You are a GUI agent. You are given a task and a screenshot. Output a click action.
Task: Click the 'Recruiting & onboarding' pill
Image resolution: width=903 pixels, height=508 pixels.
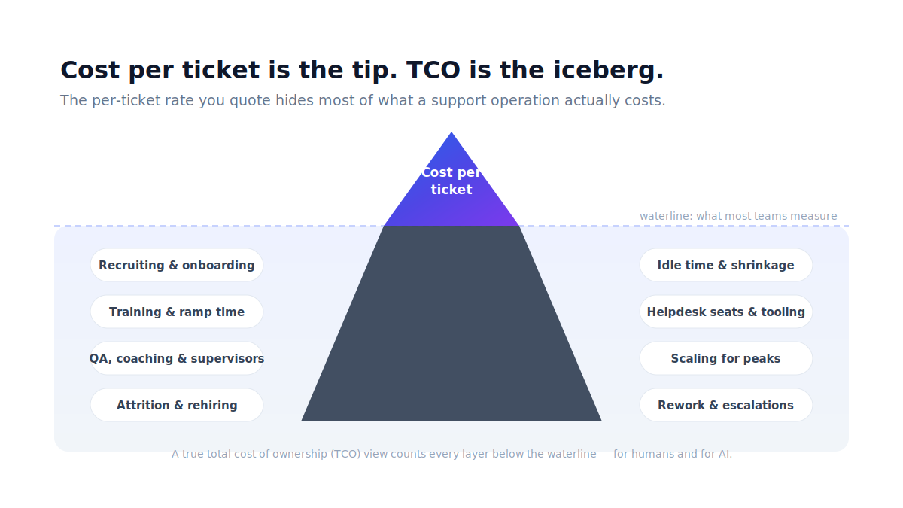177,265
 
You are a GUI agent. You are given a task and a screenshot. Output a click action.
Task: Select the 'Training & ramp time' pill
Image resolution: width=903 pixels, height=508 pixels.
177,312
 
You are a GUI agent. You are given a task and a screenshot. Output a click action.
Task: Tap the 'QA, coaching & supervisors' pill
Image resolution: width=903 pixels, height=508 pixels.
177,358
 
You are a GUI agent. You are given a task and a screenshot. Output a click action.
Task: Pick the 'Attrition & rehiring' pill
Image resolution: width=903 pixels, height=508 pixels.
177,405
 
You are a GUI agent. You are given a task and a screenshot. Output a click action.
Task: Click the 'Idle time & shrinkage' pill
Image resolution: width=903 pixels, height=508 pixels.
725,265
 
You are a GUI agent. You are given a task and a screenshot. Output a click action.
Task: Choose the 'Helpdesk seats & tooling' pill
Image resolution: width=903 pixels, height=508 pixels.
725,312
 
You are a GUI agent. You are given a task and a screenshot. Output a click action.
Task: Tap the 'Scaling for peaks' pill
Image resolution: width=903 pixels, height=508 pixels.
725,358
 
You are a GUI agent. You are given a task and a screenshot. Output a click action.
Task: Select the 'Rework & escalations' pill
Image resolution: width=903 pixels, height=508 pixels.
725,405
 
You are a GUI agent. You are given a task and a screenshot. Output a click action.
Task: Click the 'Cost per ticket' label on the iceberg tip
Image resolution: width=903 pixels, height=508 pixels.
451,181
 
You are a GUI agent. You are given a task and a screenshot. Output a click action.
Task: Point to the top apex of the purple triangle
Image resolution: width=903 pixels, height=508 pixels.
451,132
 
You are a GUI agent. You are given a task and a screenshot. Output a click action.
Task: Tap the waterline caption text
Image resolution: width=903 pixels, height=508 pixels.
738,216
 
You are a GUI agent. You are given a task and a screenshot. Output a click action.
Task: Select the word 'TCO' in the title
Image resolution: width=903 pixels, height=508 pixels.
433,70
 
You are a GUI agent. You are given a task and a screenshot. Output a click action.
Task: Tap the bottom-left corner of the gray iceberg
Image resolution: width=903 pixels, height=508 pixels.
301,421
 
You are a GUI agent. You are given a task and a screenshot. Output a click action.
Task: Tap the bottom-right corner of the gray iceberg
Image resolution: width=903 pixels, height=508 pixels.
601,421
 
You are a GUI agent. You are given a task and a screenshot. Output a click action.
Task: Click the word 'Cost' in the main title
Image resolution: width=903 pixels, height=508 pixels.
90,70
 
